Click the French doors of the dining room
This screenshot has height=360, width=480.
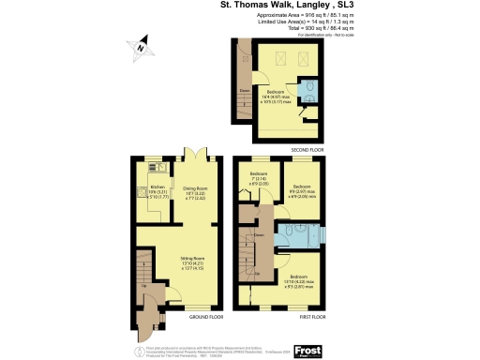pos(195,154)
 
